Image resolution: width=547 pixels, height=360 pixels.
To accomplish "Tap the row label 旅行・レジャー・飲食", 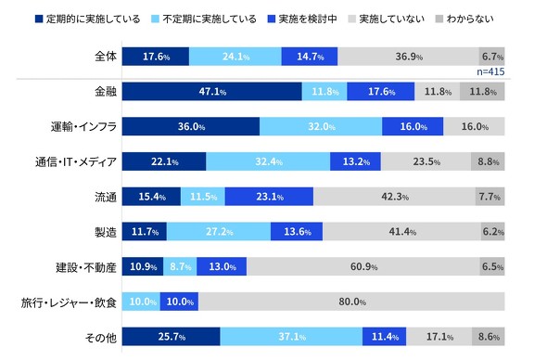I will pyautogui.click(x=69, y=302).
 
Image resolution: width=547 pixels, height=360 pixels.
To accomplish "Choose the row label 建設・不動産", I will pyautogui.click(x=83, y=267).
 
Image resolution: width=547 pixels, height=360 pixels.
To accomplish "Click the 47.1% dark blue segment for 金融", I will pyautogui.click(x=211, y=92).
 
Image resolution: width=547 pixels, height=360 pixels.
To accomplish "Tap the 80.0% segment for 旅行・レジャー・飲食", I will pyautogui.click(x=351, y=302).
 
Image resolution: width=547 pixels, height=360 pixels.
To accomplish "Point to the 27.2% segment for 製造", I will pyautogui.click(x=218, y=232).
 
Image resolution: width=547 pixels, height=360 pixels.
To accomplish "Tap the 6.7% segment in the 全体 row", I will pyautogui.click(x=491, y=56).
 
